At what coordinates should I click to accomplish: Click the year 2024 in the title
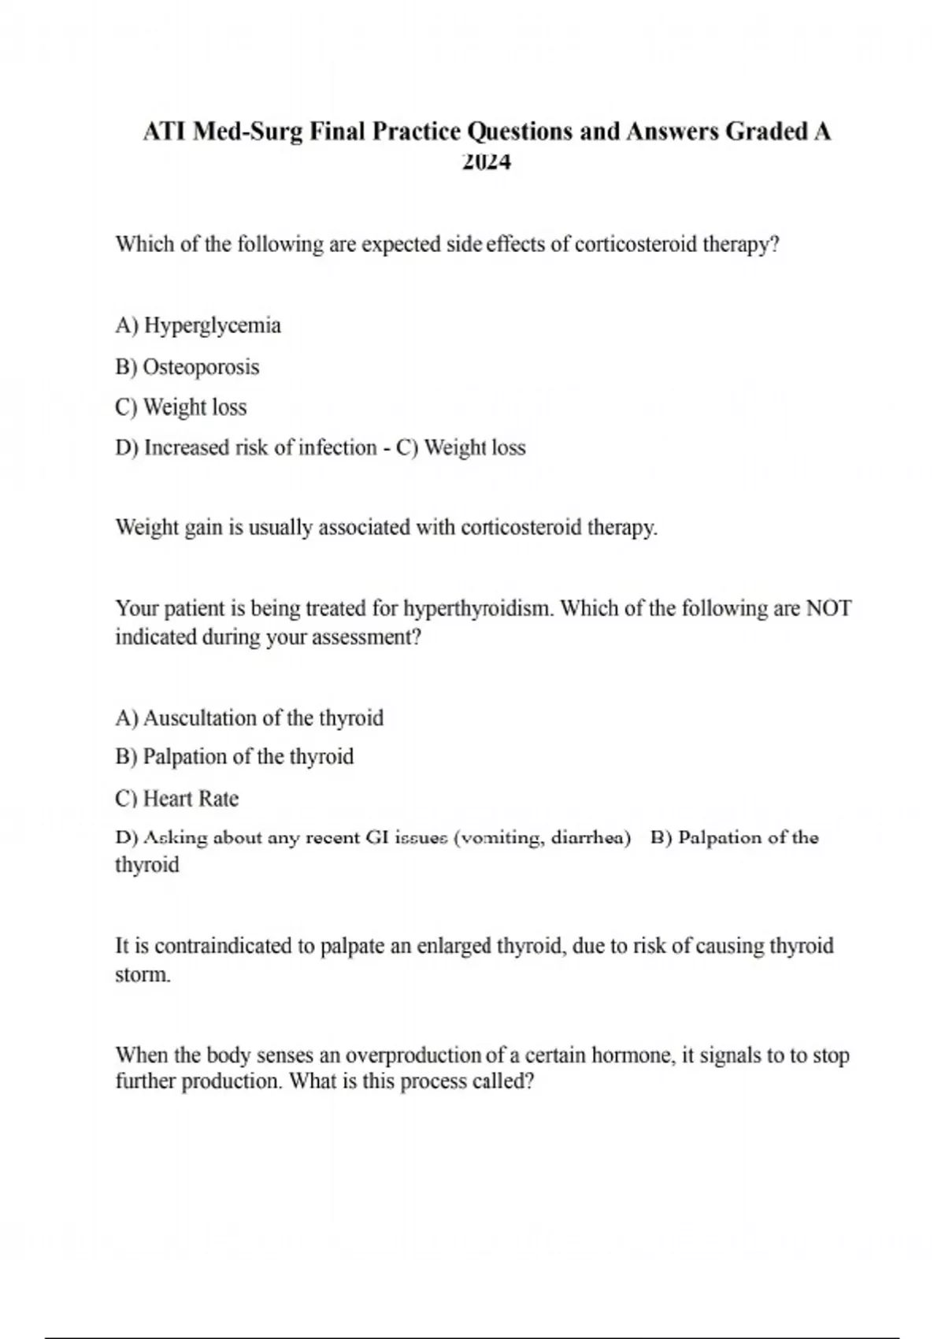click(x=487, y=162)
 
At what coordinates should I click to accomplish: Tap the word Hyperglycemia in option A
click(x=213, y=325)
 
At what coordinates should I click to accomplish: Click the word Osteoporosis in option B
click(x=201, y=367)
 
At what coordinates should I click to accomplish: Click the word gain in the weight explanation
click(x=204, y=527)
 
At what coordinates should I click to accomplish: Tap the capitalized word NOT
click(x=828, y=608)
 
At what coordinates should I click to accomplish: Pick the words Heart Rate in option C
click(x=191, y=799)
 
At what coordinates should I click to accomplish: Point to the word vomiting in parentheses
click(x=501, y=837)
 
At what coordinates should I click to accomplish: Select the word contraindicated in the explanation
click(x=224, y=945)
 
